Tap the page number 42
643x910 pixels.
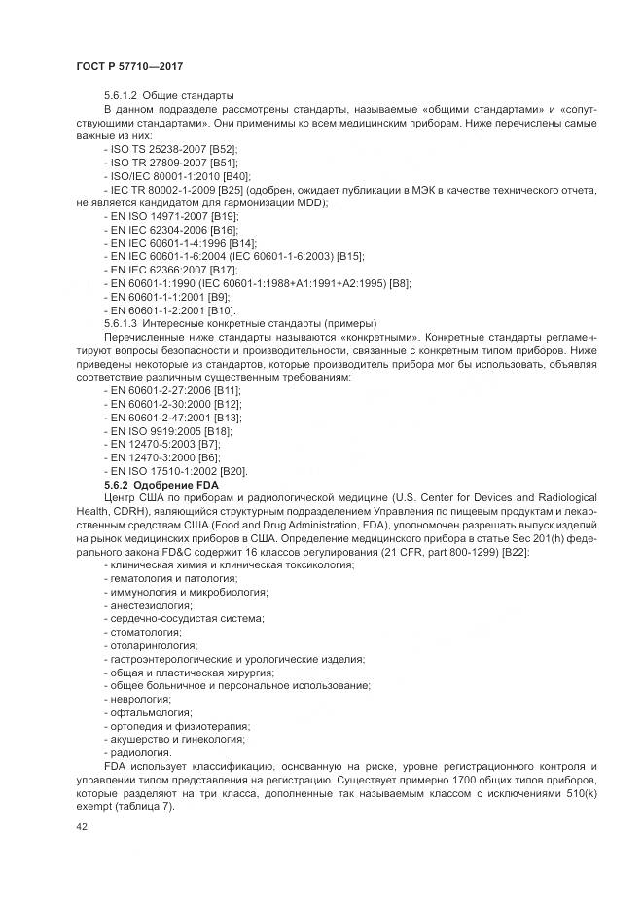[81, 827]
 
